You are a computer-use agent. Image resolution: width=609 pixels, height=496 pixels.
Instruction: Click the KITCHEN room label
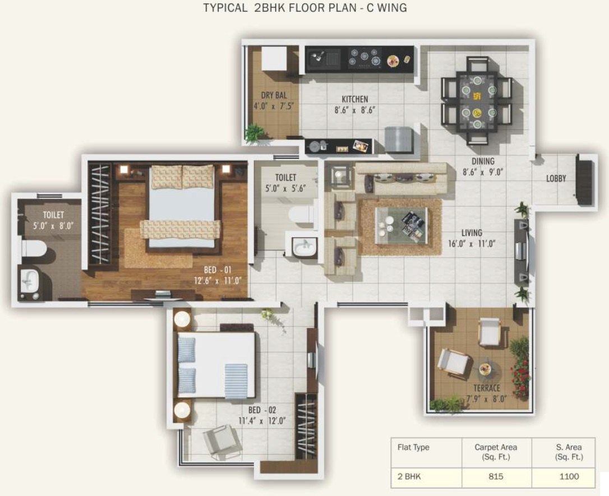[354, 99]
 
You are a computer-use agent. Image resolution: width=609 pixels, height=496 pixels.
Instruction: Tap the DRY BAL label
[274, 95]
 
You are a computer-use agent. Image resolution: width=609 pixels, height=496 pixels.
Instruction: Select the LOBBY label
[556, 178]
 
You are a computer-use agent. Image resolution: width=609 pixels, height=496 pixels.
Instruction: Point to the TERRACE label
[487, 388]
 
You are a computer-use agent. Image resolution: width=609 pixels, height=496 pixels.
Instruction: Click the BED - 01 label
[218, 270]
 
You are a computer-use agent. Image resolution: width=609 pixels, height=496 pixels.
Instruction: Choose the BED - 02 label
[262, 410]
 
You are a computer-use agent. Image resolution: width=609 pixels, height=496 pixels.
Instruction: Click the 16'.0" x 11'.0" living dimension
[472, 244]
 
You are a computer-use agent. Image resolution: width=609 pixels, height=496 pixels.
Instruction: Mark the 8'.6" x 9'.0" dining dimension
[483, 172]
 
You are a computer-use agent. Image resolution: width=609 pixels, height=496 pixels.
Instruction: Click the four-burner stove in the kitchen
[365, 57]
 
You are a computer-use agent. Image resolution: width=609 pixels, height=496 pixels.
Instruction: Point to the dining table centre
[477, 103]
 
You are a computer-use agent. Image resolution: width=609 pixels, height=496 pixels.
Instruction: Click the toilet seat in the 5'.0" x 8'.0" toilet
[33, 247]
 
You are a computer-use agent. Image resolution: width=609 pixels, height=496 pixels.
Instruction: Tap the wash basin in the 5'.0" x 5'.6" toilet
[304, 246]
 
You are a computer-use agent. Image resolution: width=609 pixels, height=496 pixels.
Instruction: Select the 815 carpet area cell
[496, 476]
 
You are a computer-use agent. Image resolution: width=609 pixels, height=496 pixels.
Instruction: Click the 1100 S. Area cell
[569, 476]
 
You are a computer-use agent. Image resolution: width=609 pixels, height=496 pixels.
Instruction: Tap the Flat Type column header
[413, 447]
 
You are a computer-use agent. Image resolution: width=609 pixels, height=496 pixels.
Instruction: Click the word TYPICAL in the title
[225, 7]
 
